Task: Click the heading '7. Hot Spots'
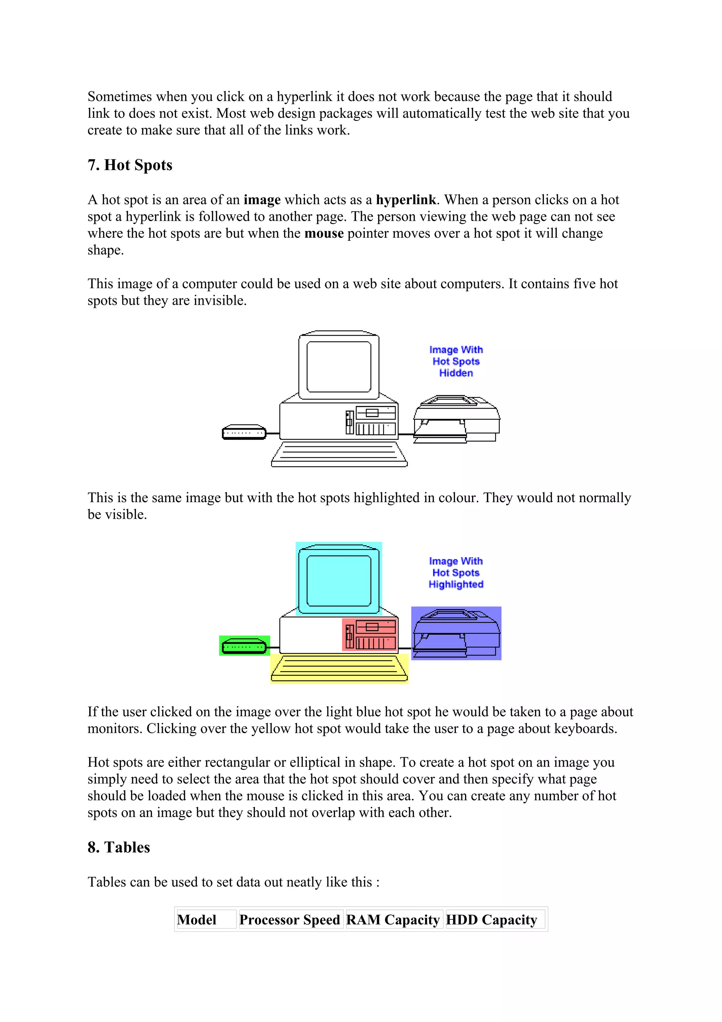pyautogui.click(x=129, y=165)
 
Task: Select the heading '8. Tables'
pyautogui.click(x=119, y=847)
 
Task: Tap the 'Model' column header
pyautogui.click(x=197, y=920)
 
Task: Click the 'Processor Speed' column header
pyautogui.click(x=289, y=920)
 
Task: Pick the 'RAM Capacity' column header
pyautogui.click(x=393, y=920)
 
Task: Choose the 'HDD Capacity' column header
pyautogui.click(x=491, y=920)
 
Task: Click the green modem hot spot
pyautogui.click(x=244, y=646)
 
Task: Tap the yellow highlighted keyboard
pyautogui.click(x=339, y=669)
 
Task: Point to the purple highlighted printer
pyautogui.click(x=456, y=633)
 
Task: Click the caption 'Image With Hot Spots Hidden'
pyautogui.click(x=456, y=361)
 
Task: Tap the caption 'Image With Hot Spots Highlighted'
pyautogui.click(x=456, y=573)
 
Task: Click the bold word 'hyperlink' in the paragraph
pyautogui.click(x=406, y=200)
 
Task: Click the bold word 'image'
pyautogui.click(x=262, y=200)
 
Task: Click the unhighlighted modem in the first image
pyautogui.click(x=244, y=432)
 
